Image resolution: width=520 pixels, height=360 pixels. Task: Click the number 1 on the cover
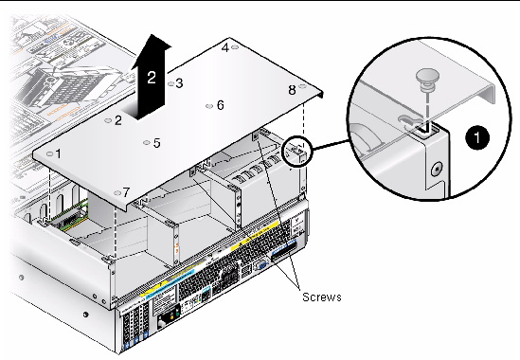(x=59, y=153)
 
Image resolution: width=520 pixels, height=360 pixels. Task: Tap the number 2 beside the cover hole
(x=118, y=120)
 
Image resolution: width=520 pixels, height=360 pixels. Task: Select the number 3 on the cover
(x=179, y=83)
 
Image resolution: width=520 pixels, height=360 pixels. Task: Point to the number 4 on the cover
(x=225, y=47)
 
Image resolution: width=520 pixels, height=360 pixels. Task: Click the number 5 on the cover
(x=157, y=143)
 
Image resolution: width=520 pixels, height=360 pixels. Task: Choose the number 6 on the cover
(x=221, y=105)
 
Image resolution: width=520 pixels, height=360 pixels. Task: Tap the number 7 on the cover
(x=126, y=192)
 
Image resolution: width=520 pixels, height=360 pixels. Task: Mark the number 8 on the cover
(x=292, y=90)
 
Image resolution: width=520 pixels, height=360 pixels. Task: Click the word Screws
(x=322, y=297)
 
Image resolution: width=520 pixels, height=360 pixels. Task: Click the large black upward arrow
(x=151, y=77)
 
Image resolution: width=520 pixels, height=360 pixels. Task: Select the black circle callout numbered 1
(x=477, y=137)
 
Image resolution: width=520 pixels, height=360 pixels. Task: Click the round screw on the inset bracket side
(x=438, y=171)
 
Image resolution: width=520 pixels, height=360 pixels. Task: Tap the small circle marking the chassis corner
(x=296, y=151)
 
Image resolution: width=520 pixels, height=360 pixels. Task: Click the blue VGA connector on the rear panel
(x=261, y=265)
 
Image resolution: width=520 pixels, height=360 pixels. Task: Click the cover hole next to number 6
(x=209, y=106)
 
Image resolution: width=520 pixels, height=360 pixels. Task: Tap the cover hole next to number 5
(x=147, y=143)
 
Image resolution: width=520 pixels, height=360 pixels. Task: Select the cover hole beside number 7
(x=117, y=192)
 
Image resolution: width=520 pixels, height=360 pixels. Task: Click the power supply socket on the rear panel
(x=165, y=320)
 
